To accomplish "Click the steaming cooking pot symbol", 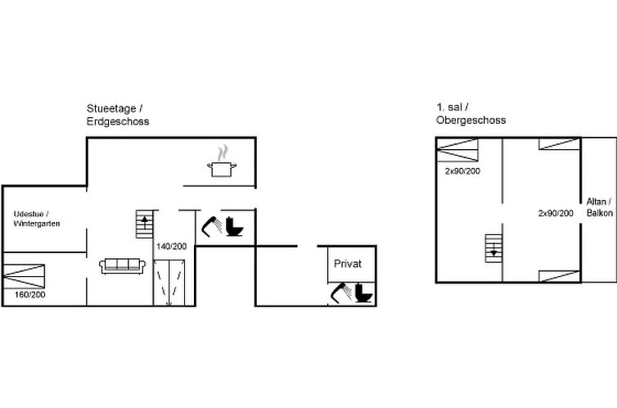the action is pyautogui.click(x=223, y=161).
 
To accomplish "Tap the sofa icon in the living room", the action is pyautogui.click(x=123, y=266).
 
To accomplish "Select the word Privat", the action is pyautogui.click(x=348, y=264).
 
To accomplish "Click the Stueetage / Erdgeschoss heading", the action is pyautogui.click(x=118, y=115).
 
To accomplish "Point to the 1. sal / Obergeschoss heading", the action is pyautogui.click(x=471, y=113).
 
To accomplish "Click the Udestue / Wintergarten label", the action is pyautogui.click(x=37, y=219).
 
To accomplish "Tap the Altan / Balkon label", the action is pyautogui.click(x=599, y=207).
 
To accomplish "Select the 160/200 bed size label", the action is pyautogui.click(x=30, y=295).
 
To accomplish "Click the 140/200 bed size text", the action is pyautogui.click(x=172, y=247).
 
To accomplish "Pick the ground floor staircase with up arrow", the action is pyautogui.click(x=144, y=224).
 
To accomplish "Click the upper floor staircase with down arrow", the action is pyautogui.click(x=493, y=248).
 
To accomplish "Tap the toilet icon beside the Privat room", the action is pyautogui.click(x=363, y=293).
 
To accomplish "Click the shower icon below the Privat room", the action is pyautogui.click(x=340, y=293).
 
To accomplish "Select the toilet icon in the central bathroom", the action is pyautogui.click(x=234, y=226).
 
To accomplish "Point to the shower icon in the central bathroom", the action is pyautogui.click(x=212, y=226).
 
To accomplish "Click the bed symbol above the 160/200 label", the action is pyautogui.click(x=24, y=276).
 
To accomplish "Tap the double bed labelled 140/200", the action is pyautogui.click(x=169, y=283).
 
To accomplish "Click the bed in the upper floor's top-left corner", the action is pyautogui.click(x=457, y=150).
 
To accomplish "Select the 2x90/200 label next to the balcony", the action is pyautogui.click(x=556, y=213).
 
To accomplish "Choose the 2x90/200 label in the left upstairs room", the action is pyautogui.click(x=462, y=171).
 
